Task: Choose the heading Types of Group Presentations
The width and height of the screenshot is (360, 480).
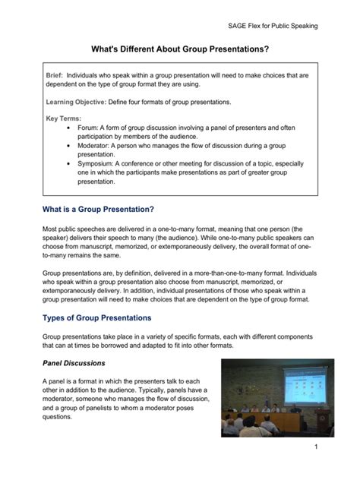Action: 96,317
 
